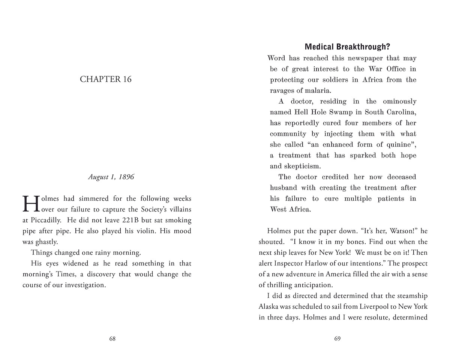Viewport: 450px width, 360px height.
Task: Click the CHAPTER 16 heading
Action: pyautogui.click(x=106, y=79)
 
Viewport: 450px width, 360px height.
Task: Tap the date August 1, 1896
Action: pyautogui.click(x=111, y=177)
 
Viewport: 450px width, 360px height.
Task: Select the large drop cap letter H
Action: pyautogui.click(x=31, y=204)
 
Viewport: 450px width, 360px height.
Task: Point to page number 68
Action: pyautogui.click(x=112, y=339)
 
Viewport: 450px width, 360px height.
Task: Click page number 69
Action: pyautogui.click(x=337, y=339)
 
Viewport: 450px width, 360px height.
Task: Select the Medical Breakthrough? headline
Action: pyautogui.click(x=347, y=47)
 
